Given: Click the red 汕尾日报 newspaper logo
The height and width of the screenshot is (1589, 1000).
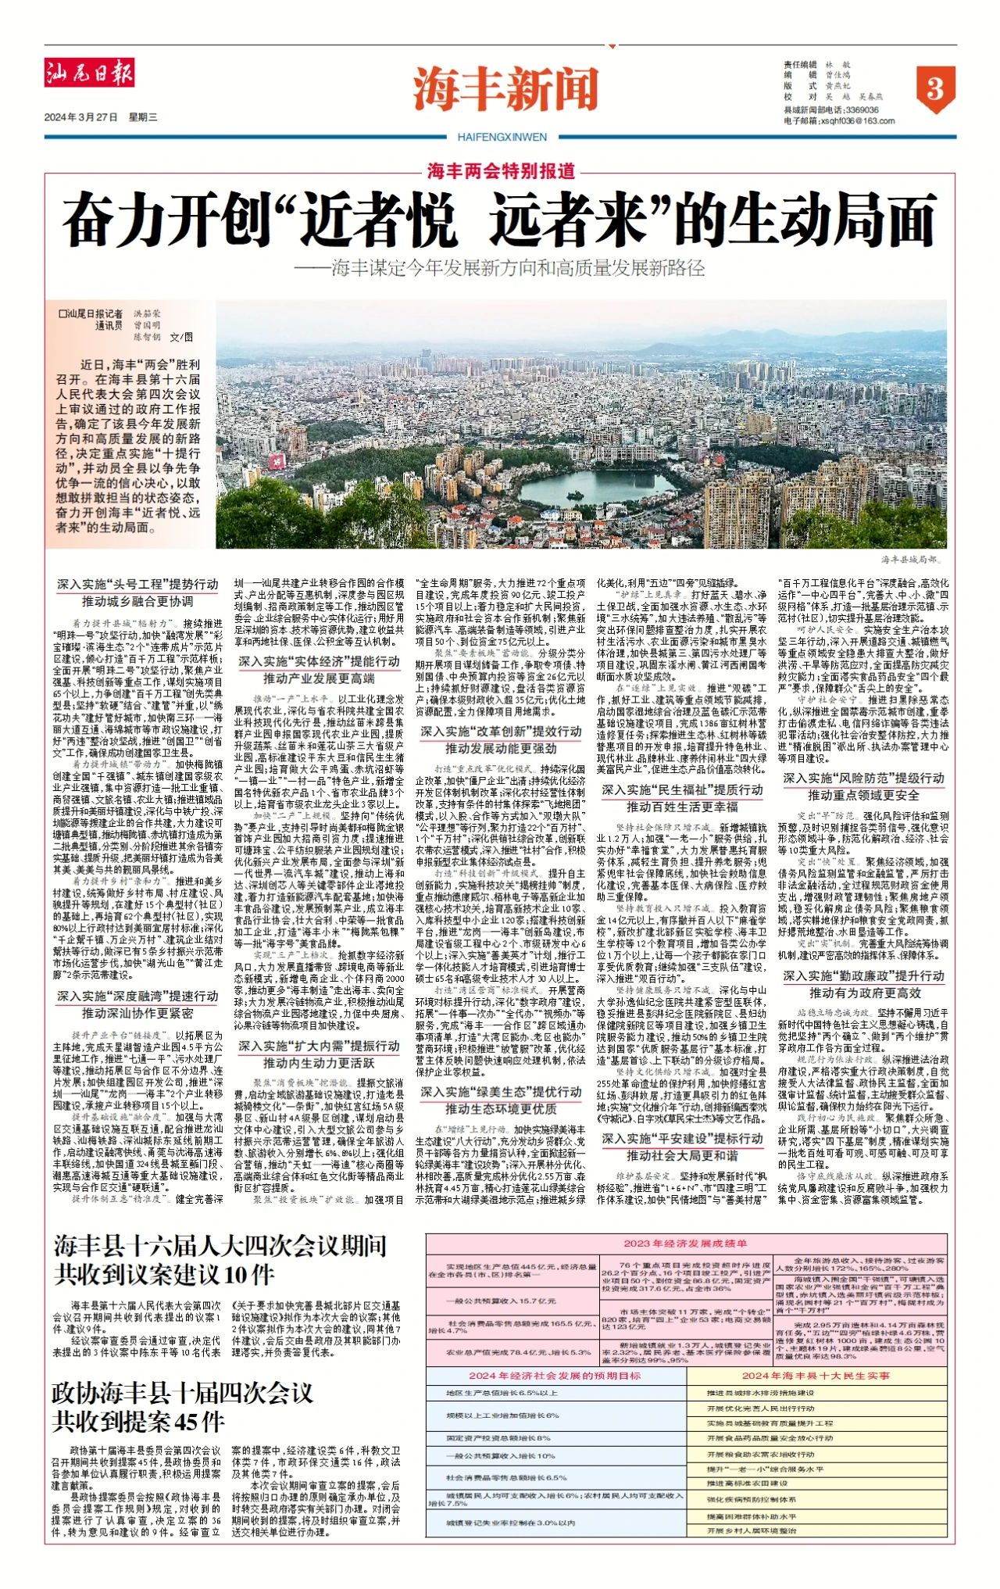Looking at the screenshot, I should click(88, 73).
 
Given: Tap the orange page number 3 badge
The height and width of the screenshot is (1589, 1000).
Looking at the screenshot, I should click(934, 88).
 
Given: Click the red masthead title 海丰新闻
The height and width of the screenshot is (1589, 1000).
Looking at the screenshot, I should click(505, 89).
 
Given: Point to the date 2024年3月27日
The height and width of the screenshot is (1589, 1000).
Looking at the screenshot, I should click(80, 117).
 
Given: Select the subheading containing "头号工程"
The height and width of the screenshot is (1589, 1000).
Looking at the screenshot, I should click(137, 584).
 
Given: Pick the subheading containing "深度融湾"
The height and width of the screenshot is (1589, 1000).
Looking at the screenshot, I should click(137, 996).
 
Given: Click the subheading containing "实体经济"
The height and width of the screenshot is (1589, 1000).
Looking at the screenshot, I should click(319, 661).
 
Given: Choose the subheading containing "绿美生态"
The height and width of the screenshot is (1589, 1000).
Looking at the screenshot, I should click(501, 1092).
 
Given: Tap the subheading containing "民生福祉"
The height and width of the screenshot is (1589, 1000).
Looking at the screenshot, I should click(682, 790).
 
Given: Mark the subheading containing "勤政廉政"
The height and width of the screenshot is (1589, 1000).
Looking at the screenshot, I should click(864, 975).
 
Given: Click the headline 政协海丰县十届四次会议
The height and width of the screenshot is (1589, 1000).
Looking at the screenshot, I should click(183, 1392).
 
